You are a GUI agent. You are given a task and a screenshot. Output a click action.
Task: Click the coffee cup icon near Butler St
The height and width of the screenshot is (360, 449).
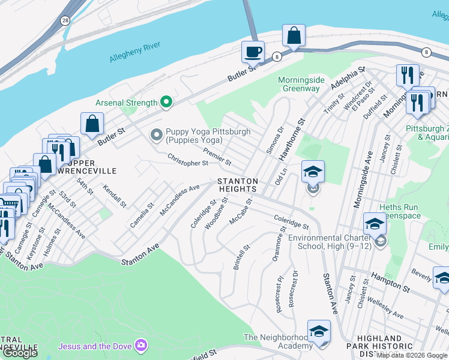coord(253,52)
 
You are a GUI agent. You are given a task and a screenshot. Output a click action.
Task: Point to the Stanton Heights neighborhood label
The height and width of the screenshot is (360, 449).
coord(238,185)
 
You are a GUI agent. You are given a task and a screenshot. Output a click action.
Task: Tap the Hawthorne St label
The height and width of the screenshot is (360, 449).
coord(291,138)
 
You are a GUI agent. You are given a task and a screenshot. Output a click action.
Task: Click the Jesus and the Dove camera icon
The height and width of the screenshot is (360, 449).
coord(141,345)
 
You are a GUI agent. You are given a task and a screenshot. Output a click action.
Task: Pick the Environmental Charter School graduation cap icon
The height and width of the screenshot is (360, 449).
coord(375,224)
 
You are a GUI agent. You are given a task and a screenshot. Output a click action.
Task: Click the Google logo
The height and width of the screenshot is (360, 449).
coord(20,353)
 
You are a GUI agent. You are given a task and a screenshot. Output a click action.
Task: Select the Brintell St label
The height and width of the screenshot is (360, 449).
coord(242,256)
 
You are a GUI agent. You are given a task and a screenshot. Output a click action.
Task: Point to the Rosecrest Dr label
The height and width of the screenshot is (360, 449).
coord(293,292)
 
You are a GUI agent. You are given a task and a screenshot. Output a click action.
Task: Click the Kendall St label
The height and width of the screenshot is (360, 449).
coord(115,196)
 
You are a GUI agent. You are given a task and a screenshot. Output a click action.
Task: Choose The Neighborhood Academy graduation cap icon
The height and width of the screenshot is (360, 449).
coord(319,331)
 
